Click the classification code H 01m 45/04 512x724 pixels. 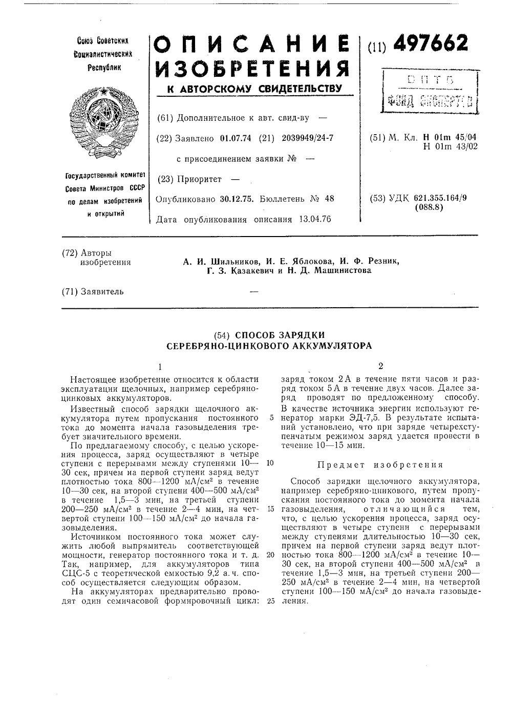(x=449, y=137)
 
